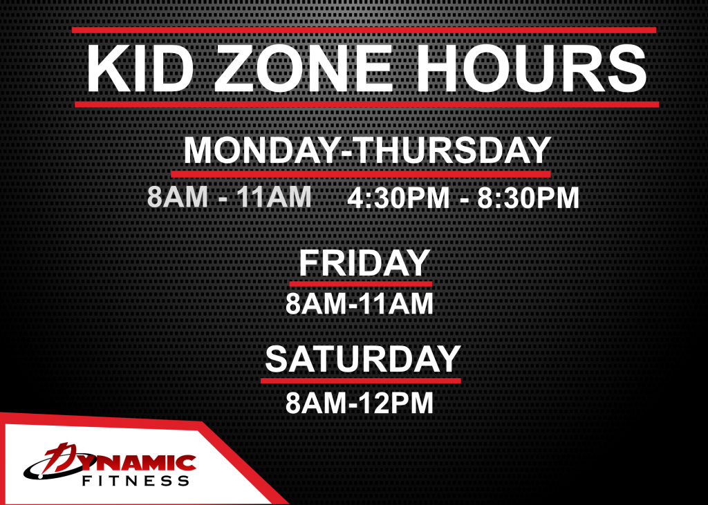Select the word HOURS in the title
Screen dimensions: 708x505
tap(532, 68)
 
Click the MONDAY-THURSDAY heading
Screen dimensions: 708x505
tap(367, 150)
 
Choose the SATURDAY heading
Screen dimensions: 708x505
tap(362, 359)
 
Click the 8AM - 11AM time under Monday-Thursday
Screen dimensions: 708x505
tap(230, 197)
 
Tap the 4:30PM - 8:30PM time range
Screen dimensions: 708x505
tap(463, 198)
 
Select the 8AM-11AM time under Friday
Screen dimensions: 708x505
tap(360, 304)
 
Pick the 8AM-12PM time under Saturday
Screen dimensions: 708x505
tap(360, 403)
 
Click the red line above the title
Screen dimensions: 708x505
tap(364, 30)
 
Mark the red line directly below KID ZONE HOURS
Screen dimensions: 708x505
tap(366, 105)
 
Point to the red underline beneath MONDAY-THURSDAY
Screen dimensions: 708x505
tap(361, 174)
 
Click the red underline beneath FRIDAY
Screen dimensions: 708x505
tap(360, 284)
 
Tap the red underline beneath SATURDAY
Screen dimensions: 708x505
tap(361, 381)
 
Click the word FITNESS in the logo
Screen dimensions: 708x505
tap(136, 481)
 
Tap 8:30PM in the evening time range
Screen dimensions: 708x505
tap(528, 198)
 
